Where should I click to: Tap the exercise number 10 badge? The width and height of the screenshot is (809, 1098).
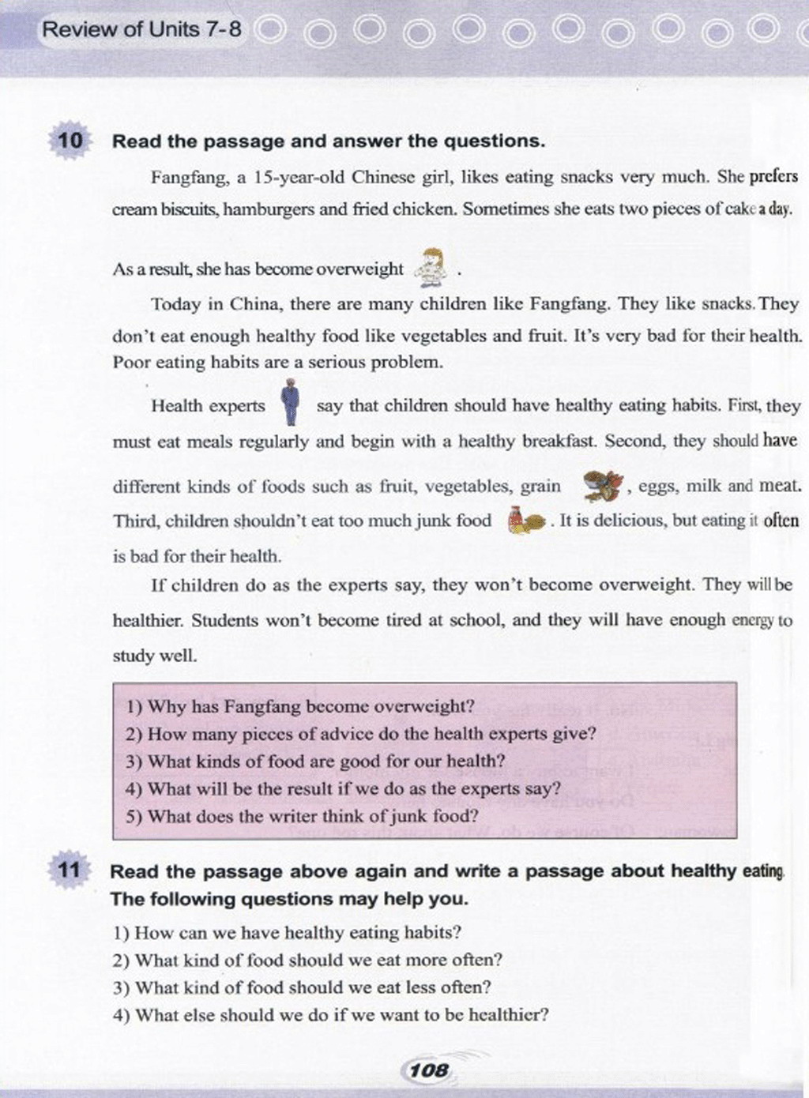tap(70, 141)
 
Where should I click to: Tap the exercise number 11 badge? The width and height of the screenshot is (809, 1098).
tap(70, 871)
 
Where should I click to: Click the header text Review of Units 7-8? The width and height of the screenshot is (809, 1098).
tap(141, 30)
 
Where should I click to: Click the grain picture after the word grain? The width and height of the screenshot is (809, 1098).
tap(604, 485)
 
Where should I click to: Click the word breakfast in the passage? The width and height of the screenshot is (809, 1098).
tap(559, 441)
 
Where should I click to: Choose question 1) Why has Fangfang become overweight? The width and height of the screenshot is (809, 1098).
tap(300, 706)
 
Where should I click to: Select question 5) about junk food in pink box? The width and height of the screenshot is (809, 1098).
tap(302, 816)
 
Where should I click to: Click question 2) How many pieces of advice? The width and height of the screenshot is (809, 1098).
tap(360, 734)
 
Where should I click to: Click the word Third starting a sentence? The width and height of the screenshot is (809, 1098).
tap(136, 521)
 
